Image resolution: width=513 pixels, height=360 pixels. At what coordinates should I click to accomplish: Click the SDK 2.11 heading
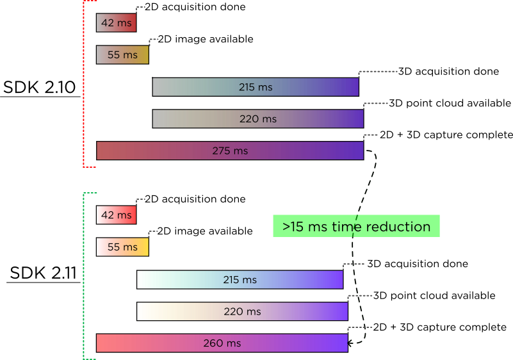tap(43, 274)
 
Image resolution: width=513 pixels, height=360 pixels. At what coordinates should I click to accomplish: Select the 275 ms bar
tap(230, 151)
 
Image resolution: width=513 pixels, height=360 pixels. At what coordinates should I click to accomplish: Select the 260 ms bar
tap(222, 343)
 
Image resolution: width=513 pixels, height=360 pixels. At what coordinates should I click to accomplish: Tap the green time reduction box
tap(356, 226)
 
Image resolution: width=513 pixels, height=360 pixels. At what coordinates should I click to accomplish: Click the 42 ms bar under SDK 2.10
tap(116, 23)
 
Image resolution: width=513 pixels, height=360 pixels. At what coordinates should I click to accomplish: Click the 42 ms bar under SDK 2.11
tap(116, 215)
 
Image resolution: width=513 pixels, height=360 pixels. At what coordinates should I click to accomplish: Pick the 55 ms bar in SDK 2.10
tap(122, 55)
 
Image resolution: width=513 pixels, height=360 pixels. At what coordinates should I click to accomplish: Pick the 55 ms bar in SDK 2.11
tap(122, 247)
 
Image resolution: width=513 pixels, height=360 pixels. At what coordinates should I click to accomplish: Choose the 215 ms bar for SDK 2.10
tap(256, 87)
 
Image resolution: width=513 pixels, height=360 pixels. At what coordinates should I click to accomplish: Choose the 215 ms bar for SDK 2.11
tap(240, 280)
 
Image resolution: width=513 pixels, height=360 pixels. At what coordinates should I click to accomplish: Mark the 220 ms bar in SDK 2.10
tap(258, 119)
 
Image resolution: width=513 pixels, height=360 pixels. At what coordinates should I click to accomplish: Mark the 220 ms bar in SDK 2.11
tap(242, 312)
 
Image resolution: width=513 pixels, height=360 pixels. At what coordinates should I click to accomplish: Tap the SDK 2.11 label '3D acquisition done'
tap(418, 264)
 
